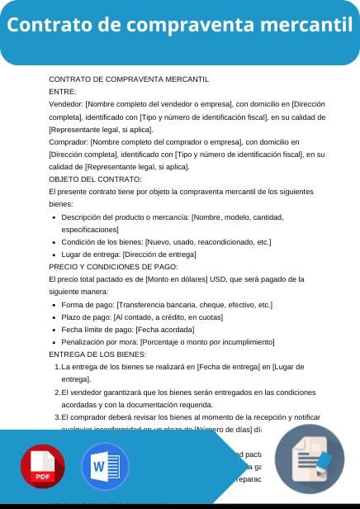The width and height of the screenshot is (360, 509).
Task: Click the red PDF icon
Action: (43, 468)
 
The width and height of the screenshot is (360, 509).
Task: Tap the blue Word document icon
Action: (105, 468)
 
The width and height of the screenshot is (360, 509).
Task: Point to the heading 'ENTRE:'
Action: (63, 92)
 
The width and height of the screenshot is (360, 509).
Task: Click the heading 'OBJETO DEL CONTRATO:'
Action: (95, 178)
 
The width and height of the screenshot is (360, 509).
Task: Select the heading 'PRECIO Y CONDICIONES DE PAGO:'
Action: (112, 267)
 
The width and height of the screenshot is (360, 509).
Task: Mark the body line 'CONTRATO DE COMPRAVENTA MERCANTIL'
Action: (129, 79)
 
